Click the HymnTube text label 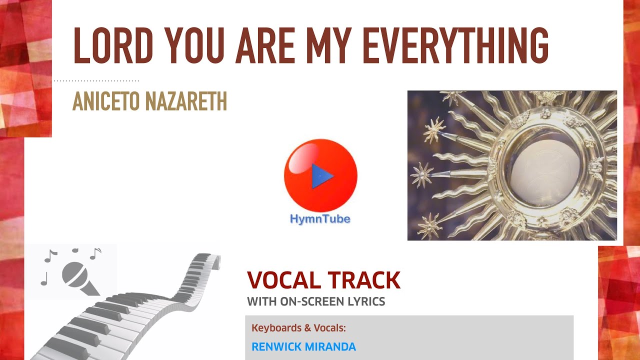point(320,219)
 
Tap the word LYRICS point(367,301)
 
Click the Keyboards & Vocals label point(298,328)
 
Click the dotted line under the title point(96,80)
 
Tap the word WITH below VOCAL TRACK point(261,301)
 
